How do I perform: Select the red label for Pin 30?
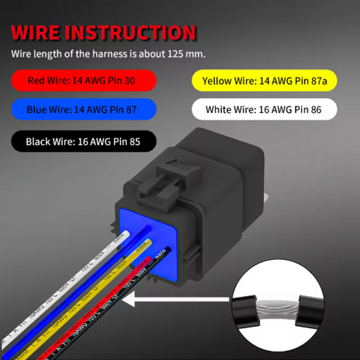[x=84, y=80]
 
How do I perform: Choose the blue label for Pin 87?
[x=84, y=109]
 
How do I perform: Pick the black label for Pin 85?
[x=84, y=141]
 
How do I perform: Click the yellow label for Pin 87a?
[x=265, y=81]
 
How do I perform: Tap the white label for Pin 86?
[x=265, y=109]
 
